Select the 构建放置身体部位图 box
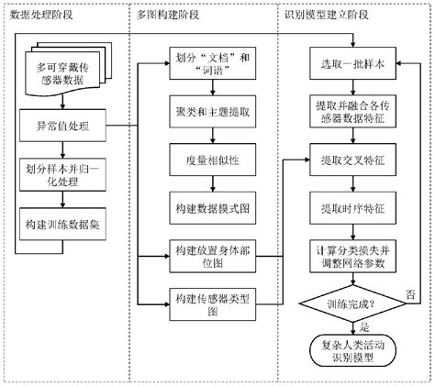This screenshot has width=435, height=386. (209, 255)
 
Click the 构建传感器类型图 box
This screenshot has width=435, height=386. (209, 304)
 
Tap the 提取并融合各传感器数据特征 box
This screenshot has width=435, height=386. (352, 113)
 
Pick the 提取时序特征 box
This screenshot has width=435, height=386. (352, 207)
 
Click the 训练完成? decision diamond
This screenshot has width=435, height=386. (352, 303)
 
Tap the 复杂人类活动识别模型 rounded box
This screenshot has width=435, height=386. (352, 352)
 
